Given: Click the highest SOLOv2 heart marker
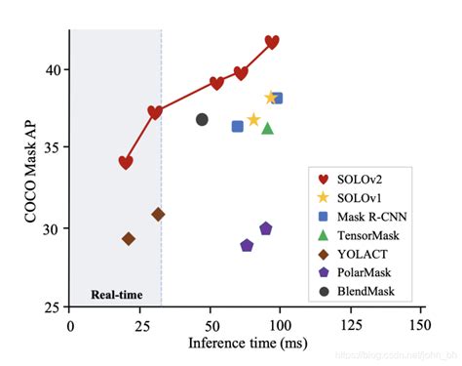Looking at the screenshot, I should click(272, 42).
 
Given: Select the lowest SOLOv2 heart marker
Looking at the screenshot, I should click(126, 162).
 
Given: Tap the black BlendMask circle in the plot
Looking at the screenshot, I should click(202, 119).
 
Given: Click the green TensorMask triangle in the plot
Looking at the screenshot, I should click(267, 128).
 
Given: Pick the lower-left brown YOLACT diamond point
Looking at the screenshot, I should click(129, 238).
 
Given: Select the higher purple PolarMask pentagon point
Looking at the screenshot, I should click(265, 228).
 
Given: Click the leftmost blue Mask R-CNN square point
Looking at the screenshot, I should click(237, 126).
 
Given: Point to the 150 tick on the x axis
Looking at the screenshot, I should click(420, 323).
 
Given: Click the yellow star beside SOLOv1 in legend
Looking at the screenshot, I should click(322, 198).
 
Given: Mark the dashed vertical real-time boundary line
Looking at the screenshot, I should click(161, 195).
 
